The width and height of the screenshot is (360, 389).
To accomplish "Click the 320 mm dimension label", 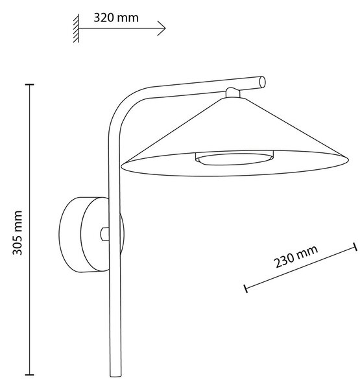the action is (116, 18).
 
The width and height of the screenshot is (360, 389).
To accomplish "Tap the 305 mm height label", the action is (18, 233).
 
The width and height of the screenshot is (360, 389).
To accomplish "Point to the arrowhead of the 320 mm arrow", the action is (162, 29).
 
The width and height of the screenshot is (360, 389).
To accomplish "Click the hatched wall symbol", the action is (77, 29).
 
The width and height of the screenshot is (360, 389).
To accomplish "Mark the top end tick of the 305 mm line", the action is (30, 85).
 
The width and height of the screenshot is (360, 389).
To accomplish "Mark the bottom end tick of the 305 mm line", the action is (30, 374).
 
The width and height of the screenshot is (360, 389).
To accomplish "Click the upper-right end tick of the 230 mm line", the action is (355, 247).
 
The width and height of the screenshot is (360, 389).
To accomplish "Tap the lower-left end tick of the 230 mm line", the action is (246, 289).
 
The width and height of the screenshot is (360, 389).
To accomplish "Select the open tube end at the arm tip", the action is (262, 82).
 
